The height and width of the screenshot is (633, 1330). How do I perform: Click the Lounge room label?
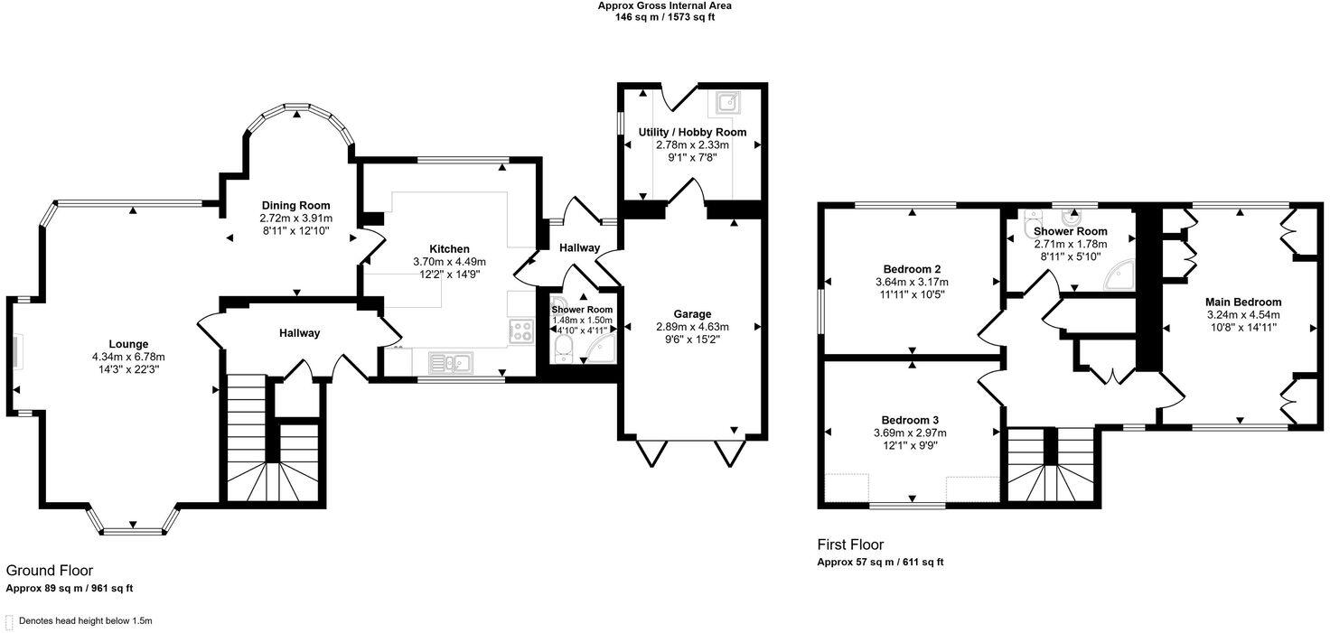coord(128,344)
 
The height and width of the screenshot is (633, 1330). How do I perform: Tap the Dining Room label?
coord(295,205)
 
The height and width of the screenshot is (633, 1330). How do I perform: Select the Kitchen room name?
coord(449,249)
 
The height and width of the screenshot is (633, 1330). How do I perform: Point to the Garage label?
coord(691,314)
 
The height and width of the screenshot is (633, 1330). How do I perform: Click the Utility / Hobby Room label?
coord(692,132)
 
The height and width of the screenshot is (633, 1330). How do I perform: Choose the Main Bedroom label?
coord(1243,302)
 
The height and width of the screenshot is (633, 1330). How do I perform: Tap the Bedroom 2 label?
coord(912,269)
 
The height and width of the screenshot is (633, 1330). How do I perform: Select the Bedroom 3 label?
coord(910,420)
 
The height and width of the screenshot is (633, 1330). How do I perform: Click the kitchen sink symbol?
coord(450,363)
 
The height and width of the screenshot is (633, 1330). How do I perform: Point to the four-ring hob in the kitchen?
coord(521,330)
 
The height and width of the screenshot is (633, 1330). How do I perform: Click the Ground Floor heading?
coord(50,571)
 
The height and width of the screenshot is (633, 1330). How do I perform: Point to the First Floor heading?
coord(850,545)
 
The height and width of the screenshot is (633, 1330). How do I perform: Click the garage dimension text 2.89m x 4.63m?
coord(691,327)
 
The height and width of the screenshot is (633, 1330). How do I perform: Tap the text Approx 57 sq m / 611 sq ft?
coord(880,562)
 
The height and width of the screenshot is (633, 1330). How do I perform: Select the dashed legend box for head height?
coord(9,621)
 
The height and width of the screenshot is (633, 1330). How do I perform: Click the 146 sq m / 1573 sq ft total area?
coord(664,17)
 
